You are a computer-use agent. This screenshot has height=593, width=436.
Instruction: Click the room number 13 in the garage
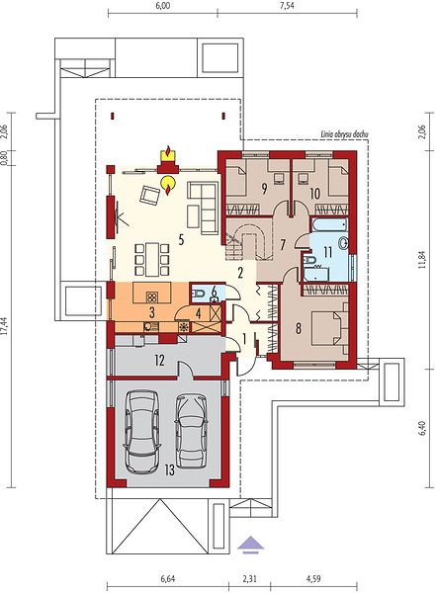[170, 470]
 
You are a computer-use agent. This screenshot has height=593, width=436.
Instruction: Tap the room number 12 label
[159, 361]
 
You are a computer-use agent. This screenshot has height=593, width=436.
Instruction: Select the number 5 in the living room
[181, 239]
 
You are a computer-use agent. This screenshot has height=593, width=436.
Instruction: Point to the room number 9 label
[264, 189]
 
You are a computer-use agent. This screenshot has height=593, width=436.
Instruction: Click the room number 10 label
[314, 194]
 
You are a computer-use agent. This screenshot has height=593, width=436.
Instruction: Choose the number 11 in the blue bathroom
[327, 252]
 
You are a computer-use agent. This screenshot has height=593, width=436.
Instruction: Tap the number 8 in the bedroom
[299, 328]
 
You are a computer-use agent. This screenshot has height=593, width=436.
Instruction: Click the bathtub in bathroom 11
[329, 225]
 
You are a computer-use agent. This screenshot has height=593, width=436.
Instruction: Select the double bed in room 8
[329, 328]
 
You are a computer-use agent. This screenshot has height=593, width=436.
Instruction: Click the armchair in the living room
[149, 195]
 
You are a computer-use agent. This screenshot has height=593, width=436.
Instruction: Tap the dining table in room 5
[152, 259]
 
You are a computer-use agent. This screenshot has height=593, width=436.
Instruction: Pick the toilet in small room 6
[199, 293]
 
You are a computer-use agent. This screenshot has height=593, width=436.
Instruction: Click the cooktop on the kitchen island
[152, 297]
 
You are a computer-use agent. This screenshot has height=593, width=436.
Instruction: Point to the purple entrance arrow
[250, 545]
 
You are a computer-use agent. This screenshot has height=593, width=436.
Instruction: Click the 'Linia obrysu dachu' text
[344, 133]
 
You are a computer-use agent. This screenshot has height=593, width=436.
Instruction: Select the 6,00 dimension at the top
[162, 6]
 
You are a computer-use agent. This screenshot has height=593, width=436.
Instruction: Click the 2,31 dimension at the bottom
[249, 578]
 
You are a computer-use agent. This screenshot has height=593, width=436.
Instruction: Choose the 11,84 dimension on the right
[422, 259]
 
